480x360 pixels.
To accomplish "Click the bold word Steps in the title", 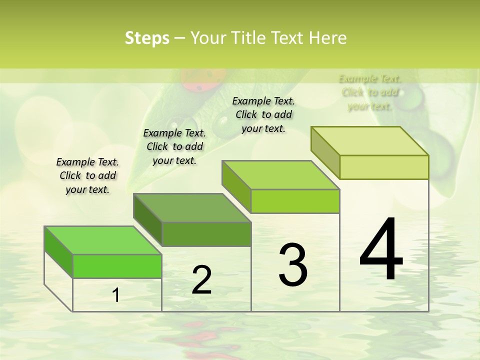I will coord(146,38).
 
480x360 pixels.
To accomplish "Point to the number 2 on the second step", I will coord(201,280).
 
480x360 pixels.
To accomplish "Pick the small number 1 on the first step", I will coord(116,295).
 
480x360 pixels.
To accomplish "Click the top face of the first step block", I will coord(102,240).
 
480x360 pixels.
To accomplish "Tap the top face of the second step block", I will coord(191,207).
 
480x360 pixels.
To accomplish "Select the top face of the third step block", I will coord(280,175).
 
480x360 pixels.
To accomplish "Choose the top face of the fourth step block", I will coord(369,141).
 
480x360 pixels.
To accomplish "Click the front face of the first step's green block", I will coord(117,266).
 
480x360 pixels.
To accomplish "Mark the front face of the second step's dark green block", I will coord(206,234).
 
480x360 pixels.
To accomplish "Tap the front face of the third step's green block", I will coord(295,201).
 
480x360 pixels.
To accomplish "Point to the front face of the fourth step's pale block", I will coord(384,167).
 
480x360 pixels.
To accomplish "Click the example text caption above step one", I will coord(87,175).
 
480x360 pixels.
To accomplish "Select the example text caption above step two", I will coord(174,146).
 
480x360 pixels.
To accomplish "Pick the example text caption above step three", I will coord(263,114).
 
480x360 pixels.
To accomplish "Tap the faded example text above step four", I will coord(370,92).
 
